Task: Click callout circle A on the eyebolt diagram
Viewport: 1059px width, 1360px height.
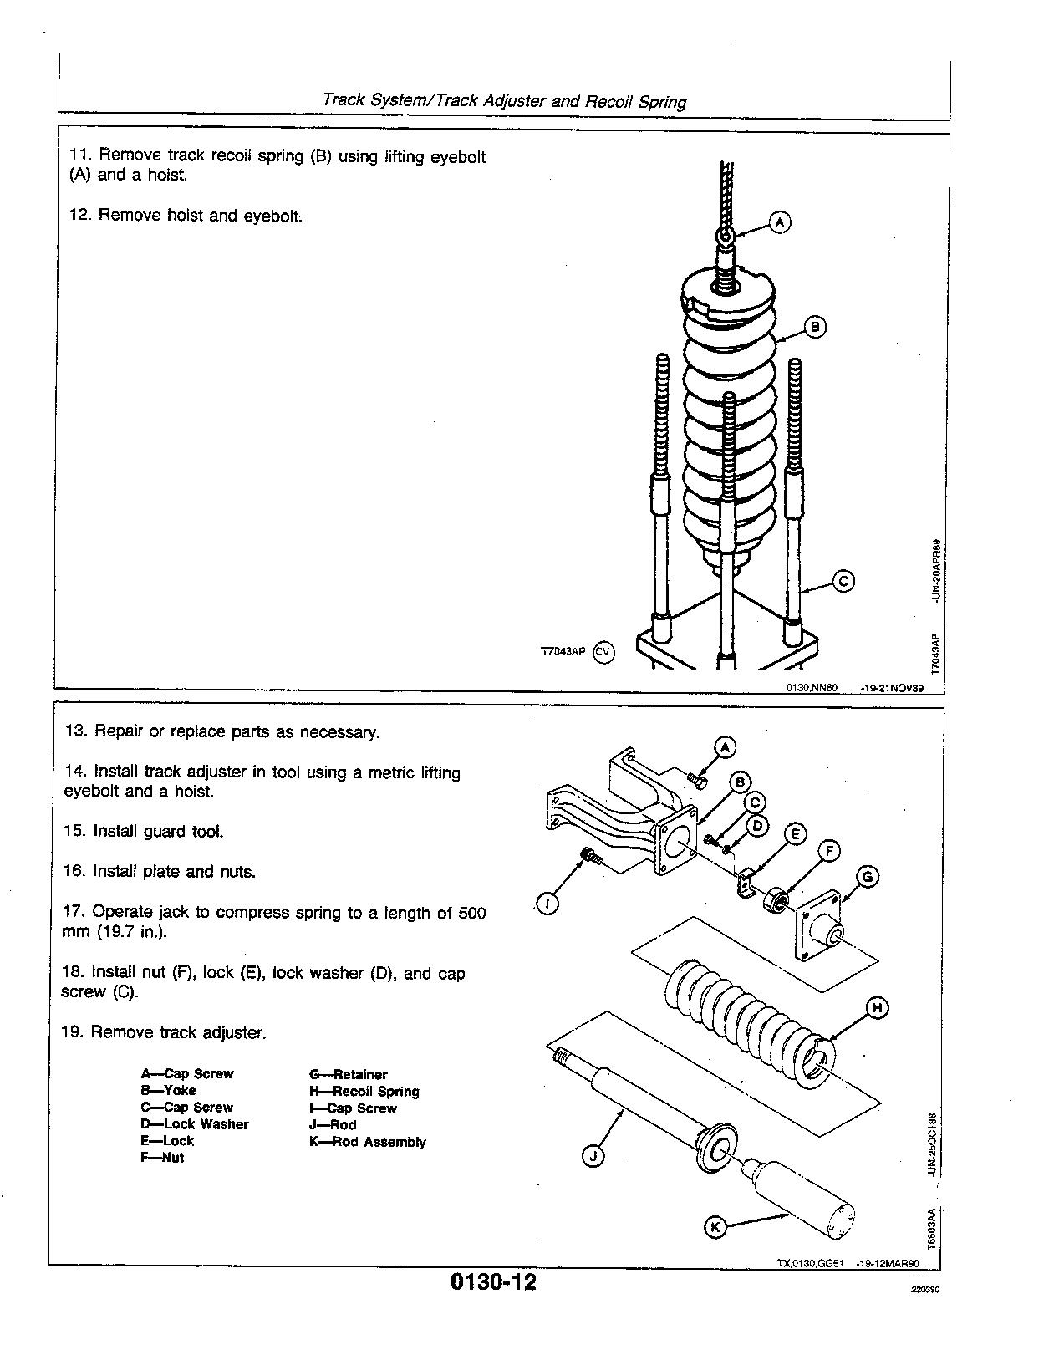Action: [x=779, y=222]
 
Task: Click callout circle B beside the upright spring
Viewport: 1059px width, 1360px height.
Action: [x=815, y=327]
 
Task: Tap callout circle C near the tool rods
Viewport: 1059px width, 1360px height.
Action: [x=844, y=581]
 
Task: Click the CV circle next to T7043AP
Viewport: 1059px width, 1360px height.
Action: [x=603, y=653]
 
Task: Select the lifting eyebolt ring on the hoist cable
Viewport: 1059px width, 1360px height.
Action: [x=726, y=237]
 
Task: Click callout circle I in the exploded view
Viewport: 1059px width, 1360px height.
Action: [x=547, y=904]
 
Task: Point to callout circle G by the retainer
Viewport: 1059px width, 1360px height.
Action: [x=868, y=876]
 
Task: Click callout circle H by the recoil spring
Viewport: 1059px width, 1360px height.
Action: [x=877, y=1009]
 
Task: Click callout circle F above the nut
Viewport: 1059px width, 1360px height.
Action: [x=828, y=852]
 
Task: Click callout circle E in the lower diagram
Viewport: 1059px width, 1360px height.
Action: [x=795, y=834]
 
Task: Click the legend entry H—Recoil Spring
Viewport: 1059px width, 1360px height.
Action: [x=364, y=1091]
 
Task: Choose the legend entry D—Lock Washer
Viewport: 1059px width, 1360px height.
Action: [x=195, y=1124]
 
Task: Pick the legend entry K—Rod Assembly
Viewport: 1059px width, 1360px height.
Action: [x=367, y=1142]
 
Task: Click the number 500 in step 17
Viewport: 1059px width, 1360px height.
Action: [x=471, y=913]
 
